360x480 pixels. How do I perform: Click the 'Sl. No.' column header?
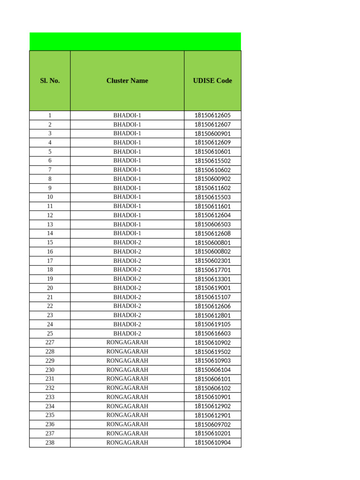tap(50, 81)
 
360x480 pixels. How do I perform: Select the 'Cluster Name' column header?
tap(127, 81)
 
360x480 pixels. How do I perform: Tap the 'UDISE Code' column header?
tap(212, 81)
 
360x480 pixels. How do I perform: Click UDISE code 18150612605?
tap(212, 115)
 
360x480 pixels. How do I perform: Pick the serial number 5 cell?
tap(50, 152)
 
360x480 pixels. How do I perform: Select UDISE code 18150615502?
tap(212, 161)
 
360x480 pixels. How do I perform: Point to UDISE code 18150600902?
tap(212, 179)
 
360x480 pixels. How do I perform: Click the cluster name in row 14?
tap(127, 233)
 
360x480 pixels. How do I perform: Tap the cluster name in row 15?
tap(127, 242)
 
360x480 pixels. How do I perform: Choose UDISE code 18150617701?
tap(212, 270)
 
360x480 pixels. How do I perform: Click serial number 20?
tap(50, 288)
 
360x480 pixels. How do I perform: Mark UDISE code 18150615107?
tap(212, 297)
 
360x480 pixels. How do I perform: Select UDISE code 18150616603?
tap(212, 333)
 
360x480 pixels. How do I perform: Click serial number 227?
tap(50, 343)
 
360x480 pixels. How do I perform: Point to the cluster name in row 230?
tap(127, 370)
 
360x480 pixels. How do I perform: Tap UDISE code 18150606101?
tap(212, 379)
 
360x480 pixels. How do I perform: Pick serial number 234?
tap(50, 406)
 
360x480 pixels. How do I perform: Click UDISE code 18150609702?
tap(212, 424)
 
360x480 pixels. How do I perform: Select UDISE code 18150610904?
tap(212, 442)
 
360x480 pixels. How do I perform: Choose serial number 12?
tap(50, 215)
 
